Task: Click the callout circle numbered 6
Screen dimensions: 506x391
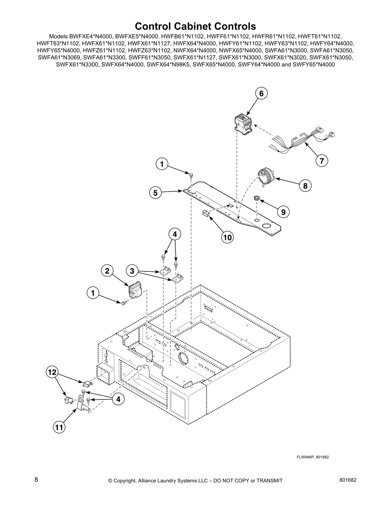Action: click(261, 94)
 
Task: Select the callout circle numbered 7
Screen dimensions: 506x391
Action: click(322, 161)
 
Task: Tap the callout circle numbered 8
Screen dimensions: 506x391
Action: click(305, 186)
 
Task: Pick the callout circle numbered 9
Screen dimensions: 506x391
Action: click(283, 211)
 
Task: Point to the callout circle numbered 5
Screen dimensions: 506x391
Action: click(155, 193)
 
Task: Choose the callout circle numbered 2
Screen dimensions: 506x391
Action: click(107, 271)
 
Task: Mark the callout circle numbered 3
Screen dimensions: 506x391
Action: click(132, 271)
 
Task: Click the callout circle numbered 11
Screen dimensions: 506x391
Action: click(59, 427)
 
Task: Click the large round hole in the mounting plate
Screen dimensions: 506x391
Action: click(266, 226)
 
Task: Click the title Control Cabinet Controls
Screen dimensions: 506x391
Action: click(195, 26)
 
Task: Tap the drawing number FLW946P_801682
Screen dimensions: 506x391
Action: click(313, 457)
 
